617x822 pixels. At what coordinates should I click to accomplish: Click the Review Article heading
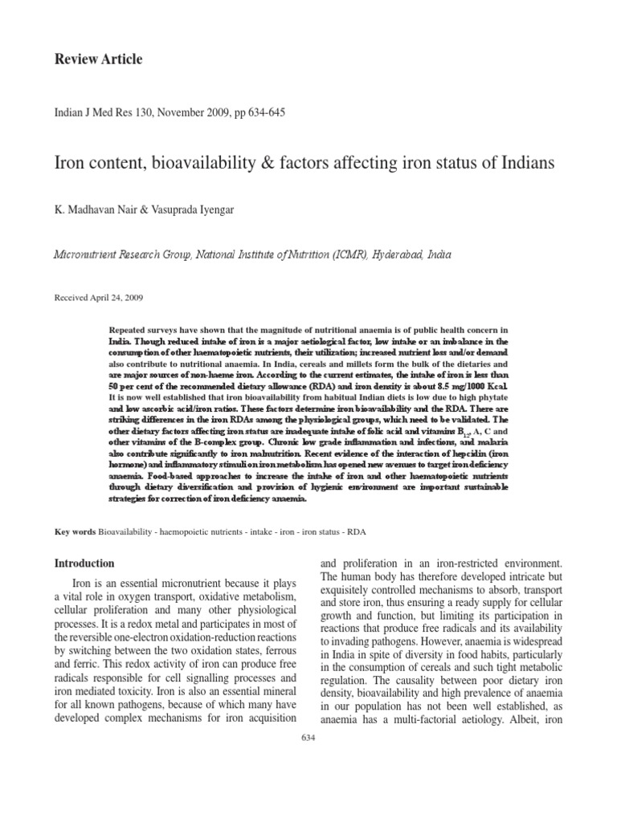[97, 59]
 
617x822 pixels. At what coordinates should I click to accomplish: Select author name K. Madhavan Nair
[96, 210]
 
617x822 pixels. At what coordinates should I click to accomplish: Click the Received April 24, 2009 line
[99, 297]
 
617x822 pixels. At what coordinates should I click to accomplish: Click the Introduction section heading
[84, 564]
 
